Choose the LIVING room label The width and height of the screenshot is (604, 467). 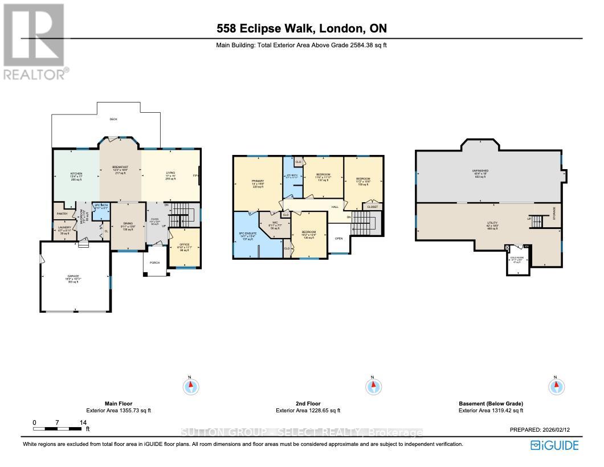click(170, 173)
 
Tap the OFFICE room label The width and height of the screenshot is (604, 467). click(184, 245)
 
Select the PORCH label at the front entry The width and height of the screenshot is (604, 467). click(154, 263)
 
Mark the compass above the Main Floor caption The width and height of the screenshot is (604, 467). click(191, 386)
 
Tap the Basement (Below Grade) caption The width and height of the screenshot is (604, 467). click(491, 403)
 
